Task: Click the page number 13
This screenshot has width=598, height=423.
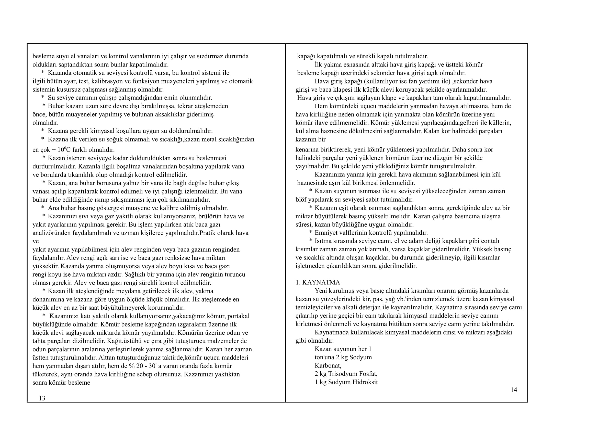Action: (x=42, y=398)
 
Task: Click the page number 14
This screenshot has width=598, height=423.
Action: (x=514, y=390)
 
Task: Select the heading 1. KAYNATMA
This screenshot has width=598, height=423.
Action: (x=318, y=282)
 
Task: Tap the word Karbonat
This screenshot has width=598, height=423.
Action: (x=328, y=365)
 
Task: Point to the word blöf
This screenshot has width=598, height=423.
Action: (x=301, y=199)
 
